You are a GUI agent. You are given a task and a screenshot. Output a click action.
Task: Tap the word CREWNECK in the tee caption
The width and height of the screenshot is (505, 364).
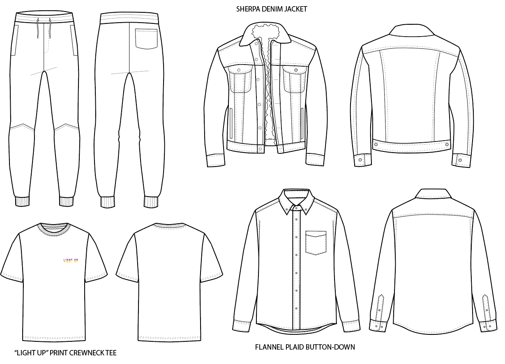point(88,352)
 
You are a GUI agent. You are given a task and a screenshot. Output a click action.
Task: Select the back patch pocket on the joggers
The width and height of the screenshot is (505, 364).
point(146,39)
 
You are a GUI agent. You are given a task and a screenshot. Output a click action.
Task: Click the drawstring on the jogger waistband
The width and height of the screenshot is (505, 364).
point(44,29)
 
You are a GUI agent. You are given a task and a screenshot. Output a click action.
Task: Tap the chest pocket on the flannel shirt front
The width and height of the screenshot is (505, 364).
point(316,243)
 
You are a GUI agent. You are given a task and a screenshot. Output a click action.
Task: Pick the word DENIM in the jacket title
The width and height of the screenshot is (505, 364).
point(272,9)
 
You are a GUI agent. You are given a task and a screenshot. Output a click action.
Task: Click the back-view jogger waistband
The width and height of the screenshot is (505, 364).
point(129,18)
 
